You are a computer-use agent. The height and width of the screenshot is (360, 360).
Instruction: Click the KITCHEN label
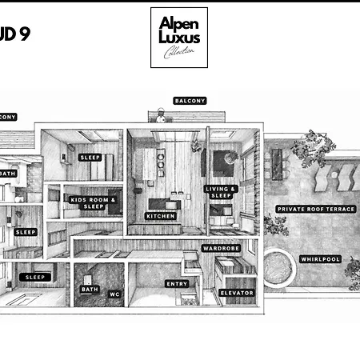tap(160, 216)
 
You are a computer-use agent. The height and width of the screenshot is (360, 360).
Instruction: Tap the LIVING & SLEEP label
tap(221, 192)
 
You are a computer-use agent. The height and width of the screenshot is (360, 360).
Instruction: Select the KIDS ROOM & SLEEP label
tap(94, 203)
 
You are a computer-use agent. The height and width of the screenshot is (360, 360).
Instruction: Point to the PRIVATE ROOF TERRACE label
tap(316, 209)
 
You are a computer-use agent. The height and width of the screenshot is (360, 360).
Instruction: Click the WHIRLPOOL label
tap(320, 259)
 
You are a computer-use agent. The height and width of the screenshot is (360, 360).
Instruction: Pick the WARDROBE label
tap(221, 249)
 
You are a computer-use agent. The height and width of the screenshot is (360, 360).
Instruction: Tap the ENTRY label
tap(177, 284)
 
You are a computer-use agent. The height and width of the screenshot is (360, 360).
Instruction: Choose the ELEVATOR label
tap(237, 293)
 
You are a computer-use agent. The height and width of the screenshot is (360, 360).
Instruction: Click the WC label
tap(114, 294)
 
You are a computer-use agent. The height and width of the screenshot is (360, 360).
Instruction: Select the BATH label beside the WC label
tap(90, 290)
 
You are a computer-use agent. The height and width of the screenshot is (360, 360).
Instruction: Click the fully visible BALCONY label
tap(190, 101)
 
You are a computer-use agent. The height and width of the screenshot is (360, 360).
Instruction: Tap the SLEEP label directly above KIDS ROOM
tap(90, 158)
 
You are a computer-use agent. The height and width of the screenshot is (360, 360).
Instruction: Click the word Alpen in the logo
tap(179, 23)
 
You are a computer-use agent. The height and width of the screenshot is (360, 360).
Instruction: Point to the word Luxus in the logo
tap(179, 37)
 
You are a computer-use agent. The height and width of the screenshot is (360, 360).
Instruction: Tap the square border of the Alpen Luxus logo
tap(152, 38)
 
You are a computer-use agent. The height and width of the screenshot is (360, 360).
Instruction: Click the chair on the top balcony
tap(162, 118)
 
